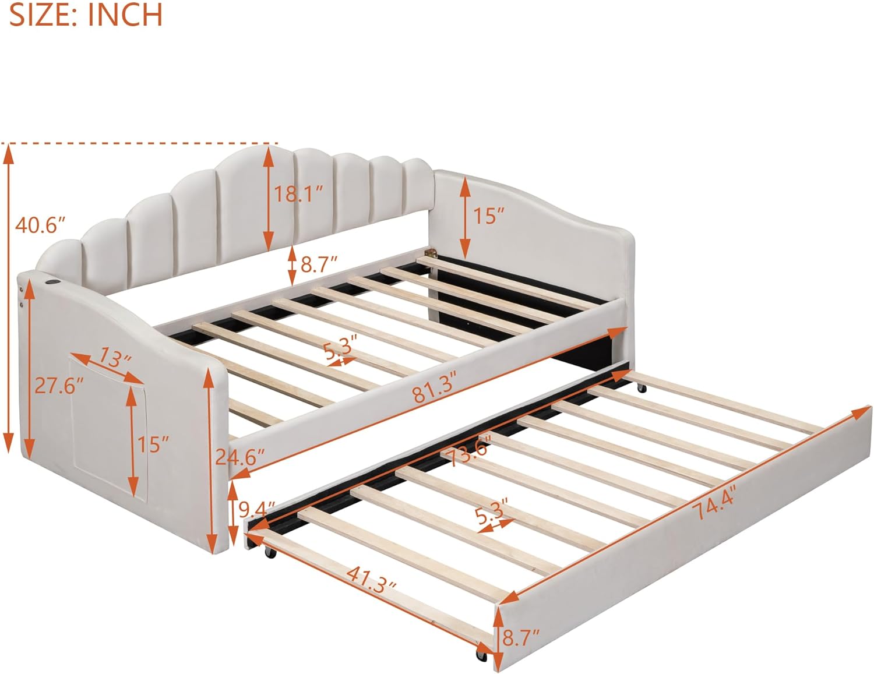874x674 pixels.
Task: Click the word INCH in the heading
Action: click(125, 15)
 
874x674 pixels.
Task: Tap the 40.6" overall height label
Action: click(40, 225)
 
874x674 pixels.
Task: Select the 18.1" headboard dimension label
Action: click(298, 194)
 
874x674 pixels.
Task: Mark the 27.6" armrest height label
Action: click(58, 386)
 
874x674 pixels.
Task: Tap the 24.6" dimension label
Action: click(239, 457)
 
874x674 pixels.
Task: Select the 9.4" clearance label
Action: click(256, 510)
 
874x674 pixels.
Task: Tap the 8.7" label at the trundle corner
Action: click(520, 638)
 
